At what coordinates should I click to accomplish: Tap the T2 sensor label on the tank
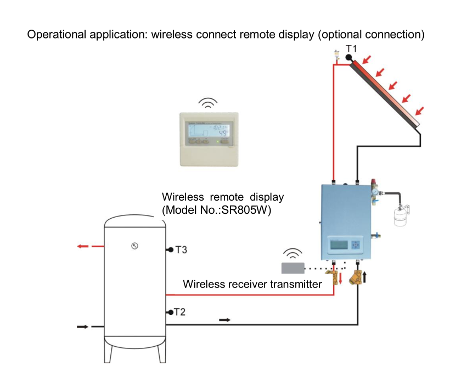180,312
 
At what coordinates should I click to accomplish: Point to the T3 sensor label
181,250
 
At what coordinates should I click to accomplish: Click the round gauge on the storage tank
134,246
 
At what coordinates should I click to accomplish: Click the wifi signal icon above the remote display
207,103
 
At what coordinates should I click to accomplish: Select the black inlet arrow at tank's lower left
82,326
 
